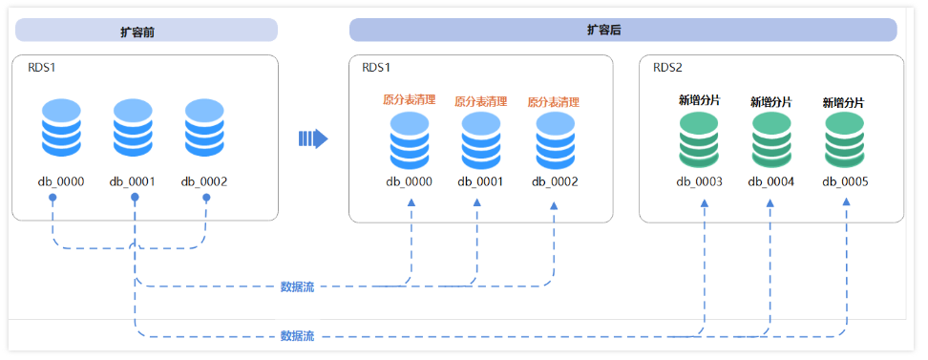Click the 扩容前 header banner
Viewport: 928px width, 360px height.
pyautogui.click(x=145, y=31)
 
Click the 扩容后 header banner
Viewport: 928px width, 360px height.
pyautogui.click(x=622, y=30)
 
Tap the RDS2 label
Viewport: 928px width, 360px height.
pyautogui.click(x=667, y=68)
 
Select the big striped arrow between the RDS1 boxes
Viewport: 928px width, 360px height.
pyautogui.click(x=313, y=139)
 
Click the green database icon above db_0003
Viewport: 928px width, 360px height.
pyautogui.click(x=699, y=140)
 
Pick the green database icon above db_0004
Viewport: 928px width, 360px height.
pyautogui.click(x=770, y=140)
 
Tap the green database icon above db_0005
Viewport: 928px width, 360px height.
pyautogui.click(x=844, y=140)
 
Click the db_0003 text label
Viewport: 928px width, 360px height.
pyautogui.click(x=699, y=181)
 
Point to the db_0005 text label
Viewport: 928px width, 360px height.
pyautogui.click(x=844, y=181)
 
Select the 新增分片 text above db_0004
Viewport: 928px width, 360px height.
pyautogui.click(x=770, y=101)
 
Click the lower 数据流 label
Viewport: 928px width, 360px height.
pyautogui.click(x=297, y=336)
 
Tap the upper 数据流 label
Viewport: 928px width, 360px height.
pyautogui.click(x=297, y=286)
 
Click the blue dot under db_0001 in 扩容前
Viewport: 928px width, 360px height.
pyautogui.click(x=135, y=198)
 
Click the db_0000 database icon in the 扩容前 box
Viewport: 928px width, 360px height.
pyautogui.click(x=61, y=128)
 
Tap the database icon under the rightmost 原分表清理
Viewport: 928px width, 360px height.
pyautogui.click(x=554, y=141)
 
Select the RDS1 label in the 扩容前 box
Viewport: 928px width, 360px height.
pyautogui.click(x=41, y=68)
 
